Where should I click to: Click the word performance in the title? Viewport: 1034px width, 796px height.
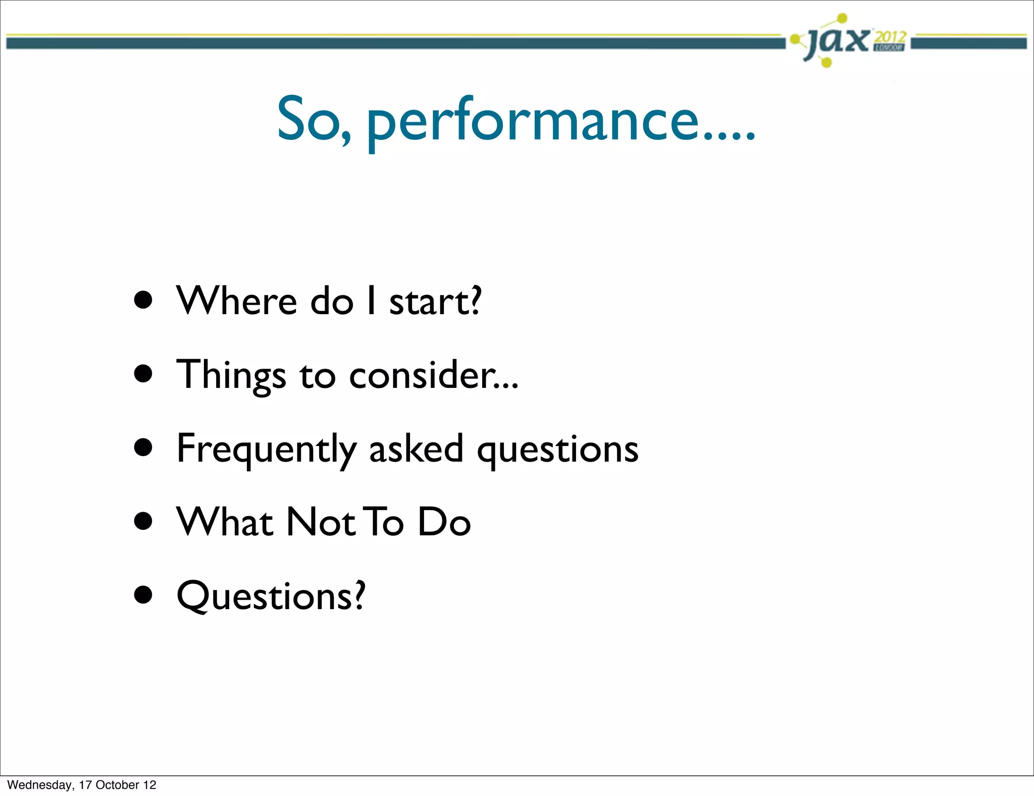pos(560,121)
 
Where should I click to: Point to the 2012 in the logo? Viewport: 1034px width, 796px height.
pos(891,36)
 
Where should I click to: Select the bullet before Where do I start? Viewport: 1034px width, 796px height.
pos(143,301)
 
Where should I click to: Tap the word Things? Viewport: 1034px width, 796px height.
pos(231,375)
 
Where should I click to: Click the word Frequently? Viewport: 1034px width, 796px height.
pos(266,449)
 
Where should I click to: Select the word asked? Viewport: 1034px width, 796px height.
pos(416,448)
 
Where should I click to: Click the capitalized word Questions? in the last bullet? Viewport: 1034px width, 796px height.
pos(271,596)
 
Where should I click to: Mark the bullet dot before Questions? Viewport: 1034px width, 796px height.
pos(143,595)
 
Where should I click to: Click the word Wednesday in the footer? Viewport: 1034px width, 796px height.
pos(39,785)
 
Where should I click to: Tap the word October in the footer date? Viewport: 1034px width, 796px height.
pos(117,785)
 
